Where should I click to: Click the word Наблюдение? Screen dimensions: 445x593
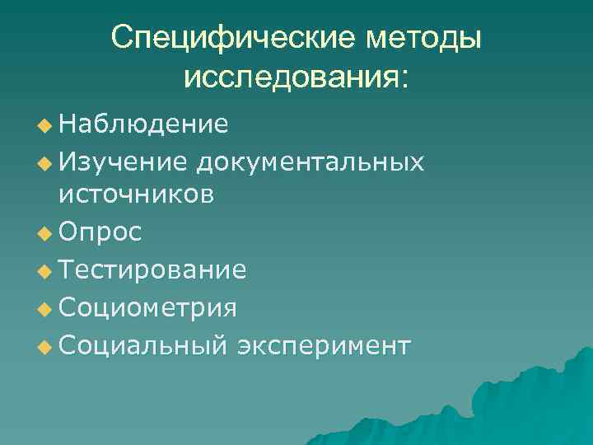143,124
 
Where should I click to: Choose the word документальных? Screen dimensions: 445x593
311,162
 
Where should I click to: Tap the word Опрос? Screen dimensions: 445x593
100,232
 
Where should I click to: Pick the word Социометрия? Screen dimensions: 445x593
148,308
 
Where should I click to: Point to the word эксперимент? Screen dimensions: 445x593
323,346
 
